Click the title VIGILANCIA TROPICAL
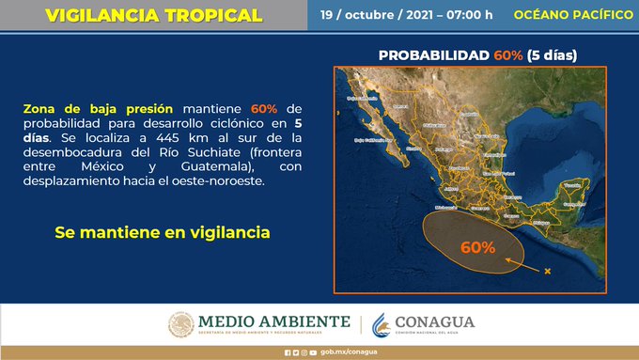[x=153, y=15]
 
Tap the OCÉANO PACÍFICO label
[x=573, y=15]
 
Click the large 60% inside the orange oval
[x=478, y=248]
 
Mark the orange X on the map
[x=547, y=273]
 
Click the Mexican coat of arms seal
[x=180, y=324]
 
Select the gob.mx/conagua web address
[x=329, y=352]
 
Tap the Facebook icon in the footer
[x=288, y=352]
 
